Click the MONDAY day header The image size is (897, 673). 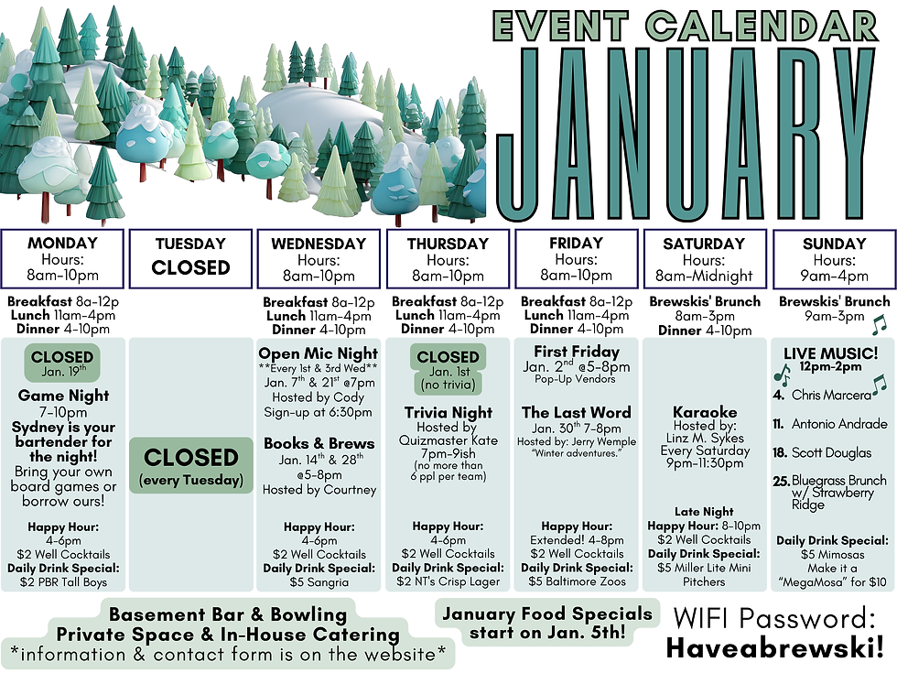[62, 244]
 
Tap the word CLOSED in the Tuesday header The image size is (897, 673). [190, 268]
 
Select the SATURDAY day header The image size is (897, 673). [703, 244]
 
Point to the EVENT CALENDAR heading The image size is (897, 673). [684, 27]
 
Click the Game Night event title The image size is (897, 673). [63, 396]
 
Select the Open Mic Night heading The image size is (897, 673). [318, 353]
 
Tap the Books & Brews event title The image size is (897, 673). [319, 443]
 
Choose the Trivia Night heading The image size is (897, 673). [448, 413]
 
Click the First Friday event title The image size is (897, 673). [576, 352]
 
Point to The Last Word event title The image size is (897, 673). [576, 413]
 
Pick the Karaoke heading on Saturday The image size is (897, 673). [704, 412]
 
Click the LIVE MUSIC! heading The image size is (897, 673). [831, 353]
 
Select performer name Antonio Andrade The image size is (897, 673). [839, 424]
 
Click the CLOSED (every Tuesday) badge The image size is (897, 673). [190, 465]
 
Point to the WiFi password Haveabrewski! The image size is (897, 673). [780, 648]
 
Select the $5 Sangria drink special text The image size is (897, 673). [319, 581]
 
